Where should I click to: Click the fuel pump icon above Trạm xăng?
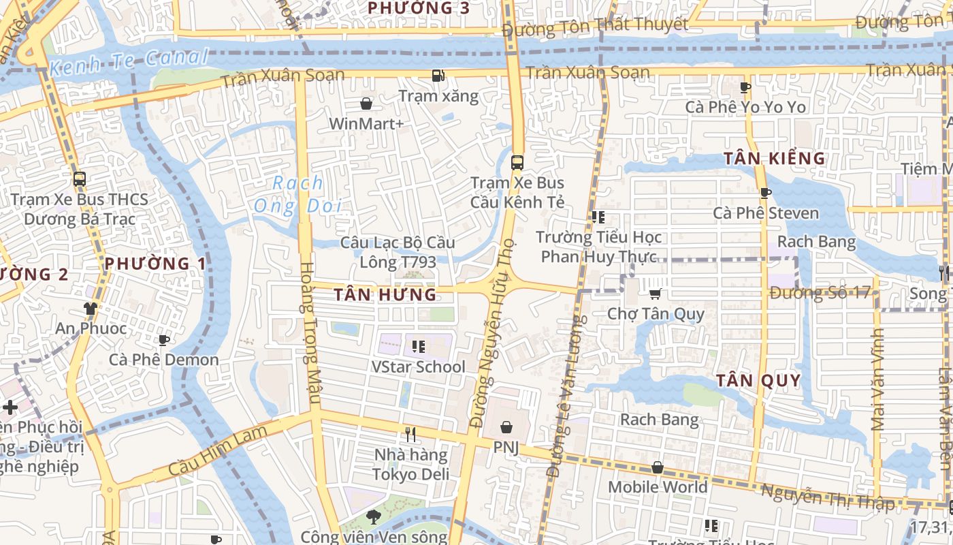click(439, 76)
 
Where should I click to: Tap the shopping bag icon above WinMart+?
click(366, 104)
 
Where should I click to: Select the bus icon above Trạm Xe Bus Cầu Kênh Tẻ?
click(517, 162)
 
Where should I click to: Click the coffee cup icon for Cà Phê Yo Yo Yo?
click(745, 87)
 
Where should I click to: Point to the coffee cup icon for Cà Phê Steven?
click(765, 193)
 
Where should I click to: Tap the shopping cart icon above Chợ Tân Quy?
click(655, 294)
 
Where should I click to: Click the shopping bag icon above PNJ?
click(506, 427)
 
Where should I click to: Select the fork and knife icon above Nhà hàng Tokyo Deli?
click(410, 433)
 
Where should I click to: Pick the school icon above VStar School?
click(419, 346)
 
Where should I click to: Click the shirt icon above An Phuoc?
click(90, 309)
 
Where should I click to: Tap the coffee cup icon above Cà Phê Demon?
click(163, 339)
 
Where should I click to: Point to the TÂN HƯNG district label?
click(385, 294)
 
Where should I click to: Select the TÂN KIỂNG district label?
click(774, 159)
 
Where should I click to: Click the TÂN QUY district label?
click(758, 380)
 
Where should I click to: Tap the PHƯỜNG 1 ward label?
click(156, 263)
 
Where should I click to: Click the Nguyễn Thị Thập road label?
click(827, 498)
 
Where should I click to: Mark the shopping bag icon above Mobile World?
click(658, 467)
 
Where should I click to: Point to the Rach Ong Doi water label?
click(297, 194)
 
